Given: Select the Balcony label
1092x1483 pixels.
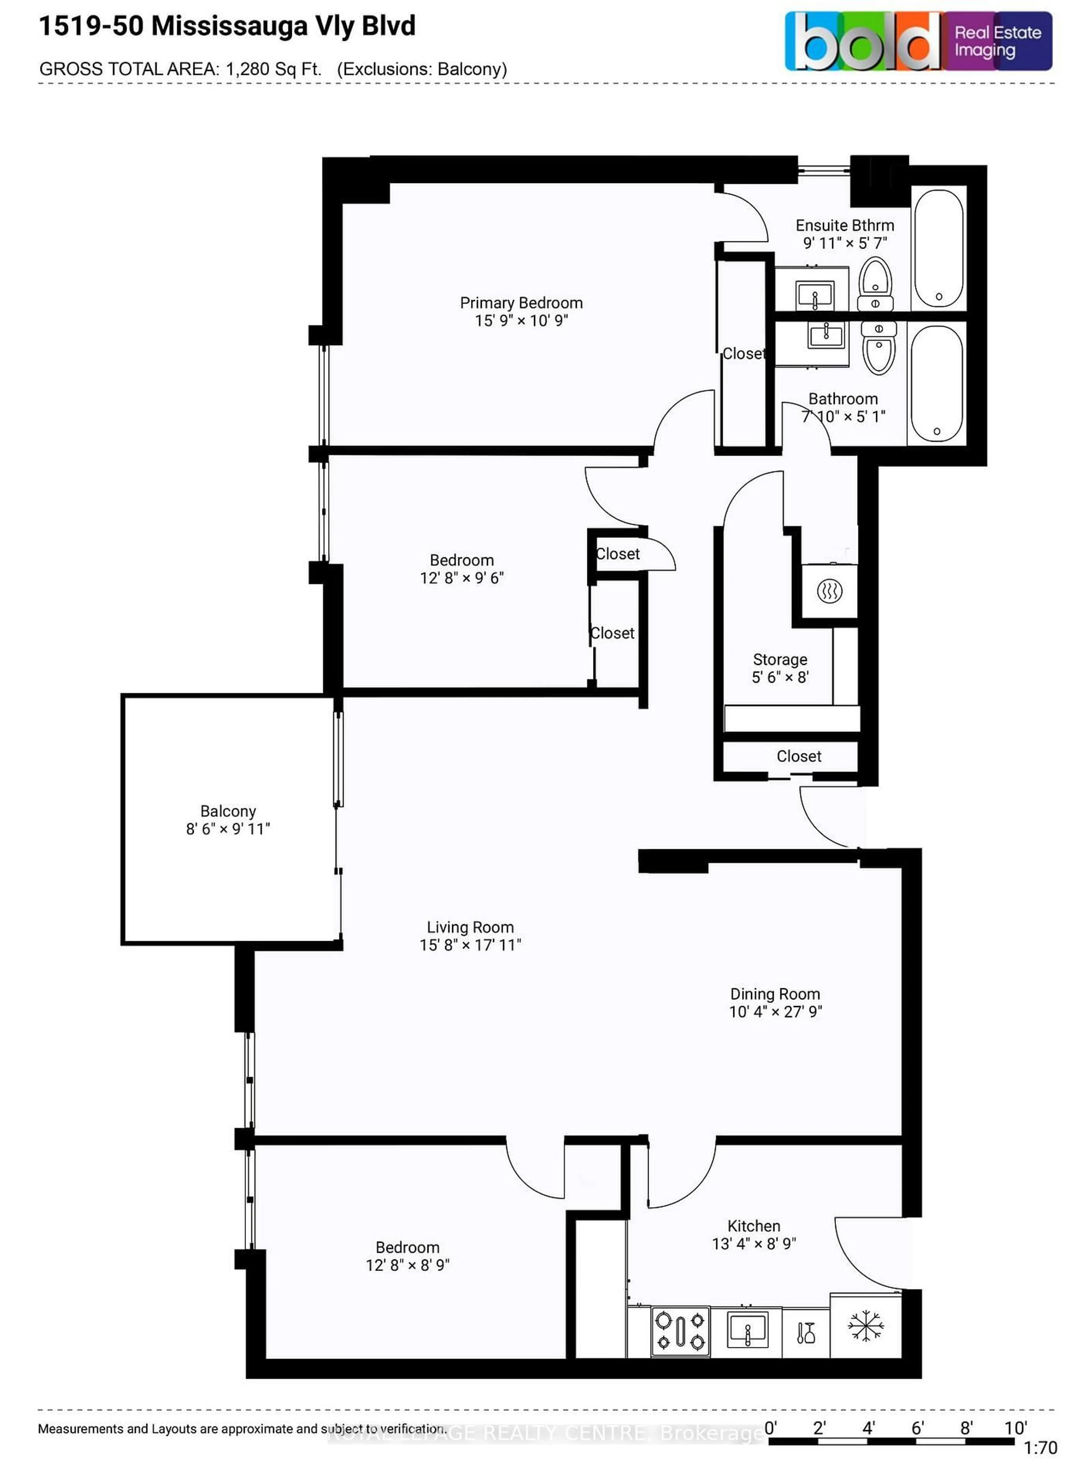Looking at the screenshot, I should [x=228, y=811].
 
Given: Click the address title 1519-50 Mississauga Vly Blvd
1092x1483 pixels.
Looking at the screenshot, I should [x=227, y=26].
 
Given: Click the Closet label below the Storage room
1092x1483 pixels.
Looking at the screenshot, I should [x=799, y=756].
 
